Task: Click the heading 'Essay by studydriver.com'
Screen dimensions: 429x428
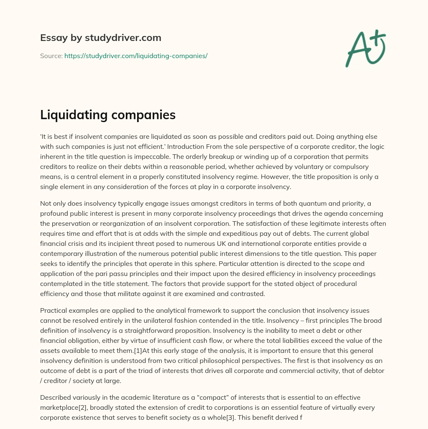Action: [x=100, y=38]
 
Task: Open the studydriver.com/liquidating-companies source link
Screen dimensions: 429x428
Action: [x=136, y=56]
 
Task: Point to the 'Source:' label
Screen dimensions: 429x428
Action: [x=51, y=56]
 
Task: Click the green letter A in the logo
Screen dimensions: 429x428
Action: [x=357, y=49]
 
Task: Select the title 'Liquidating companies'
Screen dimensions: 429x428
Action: [x=108, y=115]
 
